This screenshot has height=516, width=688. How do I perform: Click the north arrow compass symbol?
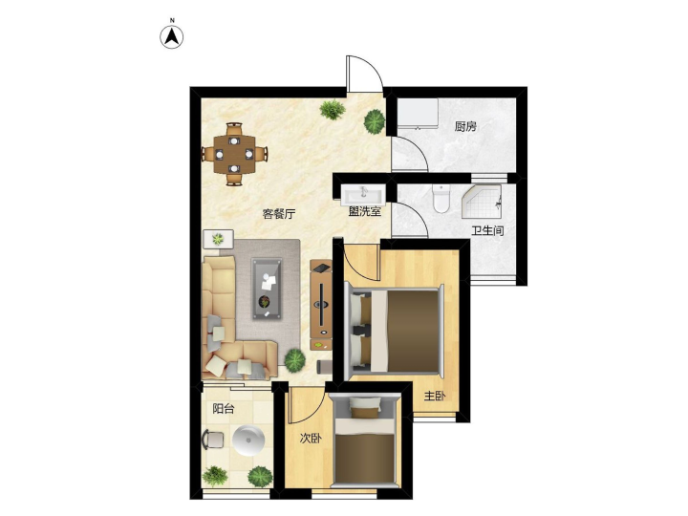coord(172,37)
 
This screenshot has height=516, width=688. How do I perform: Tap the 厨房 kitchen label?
coord(465,127)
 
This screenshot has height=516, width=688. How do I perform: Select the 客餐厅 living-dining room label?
coord(279,214)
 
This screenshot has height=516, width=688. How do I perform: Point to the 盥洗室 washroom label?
coord(365,211)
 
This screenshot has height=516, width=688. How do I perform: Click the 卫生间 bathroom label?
coord(487,231)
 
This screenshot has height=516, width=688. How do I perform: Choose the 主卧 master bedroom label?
coord(435,397)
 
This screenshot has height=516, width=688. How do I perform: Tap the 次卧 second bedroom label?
coord(311,438)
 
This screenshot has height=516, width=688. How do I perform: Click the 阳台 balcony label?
coord(224,409)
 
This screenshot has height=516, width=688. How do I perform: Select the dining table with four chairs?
coord(234,154)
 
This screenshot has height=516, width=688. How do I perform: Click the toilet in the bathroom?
coord(441,199)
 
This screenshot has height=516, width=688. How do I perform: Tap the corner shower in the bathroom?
coord(482,202)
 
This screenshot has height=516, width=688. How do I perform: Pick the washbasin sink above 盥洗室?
coord(363,195)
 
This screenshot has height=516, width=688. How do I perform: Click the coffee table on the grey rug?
coord(267,289)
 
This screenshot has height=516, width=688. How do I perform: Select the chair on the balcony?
coord(212,440)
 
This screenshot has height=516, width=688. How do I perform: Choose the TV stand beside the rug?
coord(321,305)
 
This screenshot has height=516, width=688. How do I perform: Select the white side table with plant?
coord(218,239)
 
